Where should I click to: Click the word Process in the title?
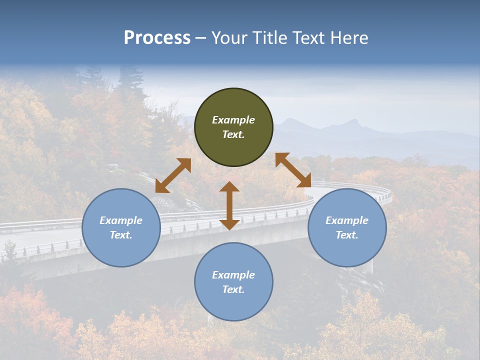click(157, 38)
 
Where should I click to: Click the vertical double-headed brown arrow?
click(229, 205)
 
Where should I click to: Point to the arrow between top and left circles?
click(173, 175)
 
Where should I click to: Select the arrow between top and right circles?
click(293, 170)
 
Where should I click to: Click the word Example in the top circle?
click(233, 120)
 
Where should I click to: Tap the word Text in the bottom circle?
click(233, 289)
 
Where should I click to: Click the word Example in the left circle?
click(121, 220)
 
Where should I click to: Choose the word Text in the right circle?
click(347, 235)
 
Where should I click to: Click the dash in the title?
click(201, 38)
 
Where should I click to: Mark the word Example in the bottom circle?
click(233, 275)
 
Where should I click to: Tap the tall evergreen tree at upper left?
click(131, 82)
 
